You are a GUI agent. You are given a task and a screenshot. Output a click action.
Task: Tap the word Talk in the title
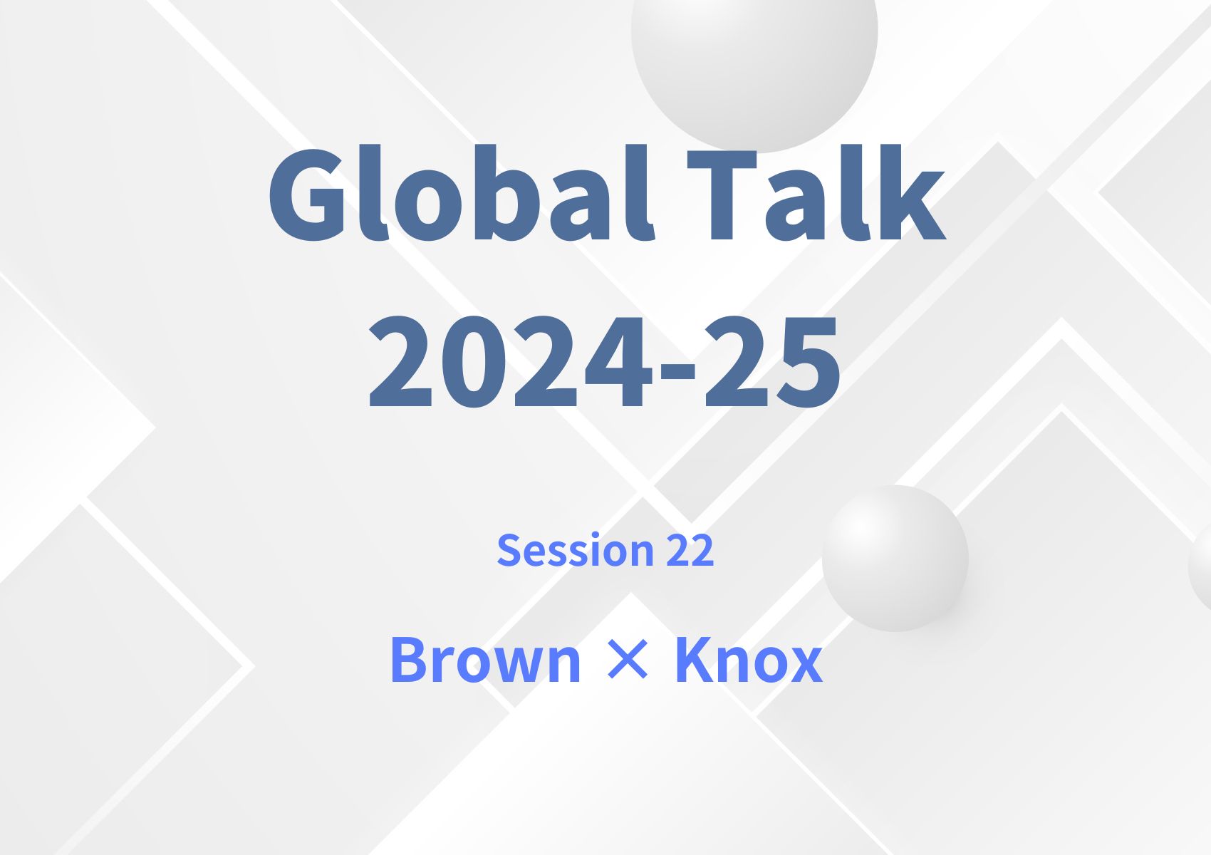(x=816, y=194)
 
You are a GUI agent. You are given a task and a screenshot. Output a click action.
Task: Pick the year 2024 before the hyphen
(x=509, y=363)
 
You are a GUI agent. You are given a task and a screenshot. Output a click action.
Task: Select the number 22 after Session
(x=690, y=550)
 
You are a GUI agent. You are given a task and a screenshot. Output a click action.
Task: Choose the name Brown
(x=485, y=660)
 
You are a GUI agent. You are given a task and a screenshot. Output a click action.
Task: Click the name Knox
(x=748, y=660)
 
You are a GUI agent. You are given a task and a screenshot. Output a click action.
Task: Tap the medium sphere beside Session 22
(x=895, y=558)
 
